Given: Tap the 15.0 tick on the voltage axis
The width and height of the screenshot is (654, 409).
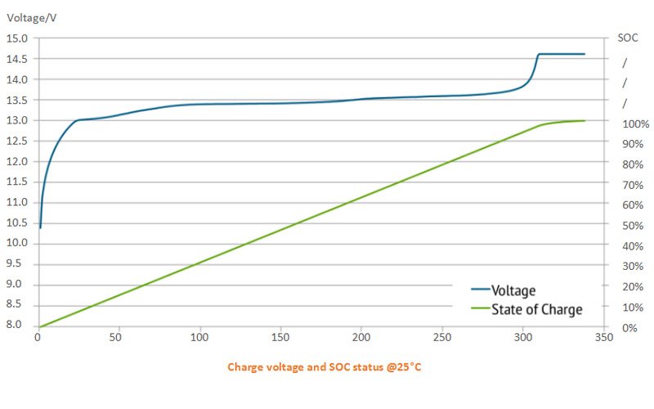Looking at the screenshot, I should pyautogui.click(x=17, y=38).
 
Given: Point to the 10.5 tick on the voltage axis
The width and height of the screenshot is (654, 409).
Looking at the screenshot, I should pyautogui.click(x=17, y=222).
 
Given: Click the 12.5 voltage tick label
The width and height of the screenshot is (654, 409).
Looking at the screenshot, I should pyautogui.click(x=17, y=141).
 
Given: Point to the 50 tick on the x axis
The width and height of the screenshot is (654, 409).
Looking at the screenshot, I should pyautogui.click(x=119, y=337).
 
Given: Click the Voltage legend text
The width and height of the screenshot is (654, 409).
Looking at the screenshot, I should pyautogui.click(x=513, y=290).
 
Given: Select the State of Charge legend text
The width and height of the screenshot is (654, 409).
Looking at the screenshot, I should pyautogui.click(x=537, y=309).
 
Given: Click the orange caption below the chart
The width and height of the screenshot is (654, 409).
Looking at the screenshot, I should pyautogui.click(x=325, y=367).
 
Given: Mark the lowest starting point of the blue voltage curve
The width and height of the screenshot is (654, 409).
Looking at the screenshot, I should pyautogui.click(x=40, y=227).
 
